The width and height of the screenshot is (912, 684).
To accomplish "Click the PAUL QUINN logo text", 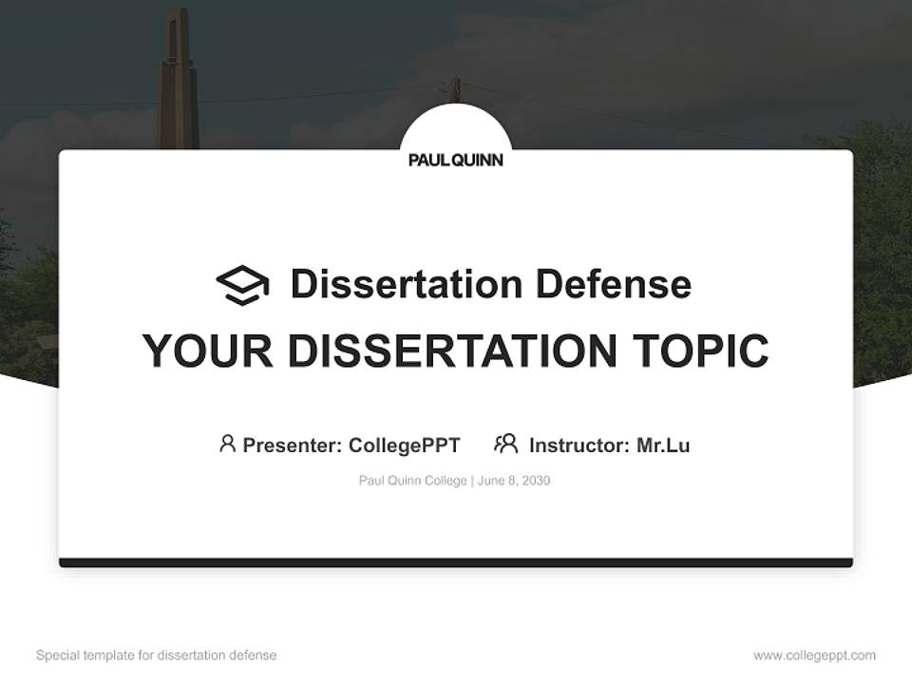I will [456, 161].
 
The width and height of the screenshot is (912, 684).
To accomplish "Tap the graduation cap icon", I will [242, 285].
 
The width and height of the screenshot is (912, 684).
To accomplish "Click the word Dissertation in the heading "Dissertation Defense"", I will [407, 284].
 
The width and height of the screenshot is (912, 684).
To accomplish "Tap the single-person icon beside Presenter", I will [227, 444].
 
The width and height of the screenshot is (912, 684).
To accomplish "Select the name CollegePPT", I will [404, 446].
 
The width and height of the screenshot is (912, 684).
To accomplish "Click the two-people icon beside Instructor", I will [506, 444].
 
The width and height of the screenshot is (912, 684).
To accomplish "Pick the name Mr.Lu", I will [663, 446].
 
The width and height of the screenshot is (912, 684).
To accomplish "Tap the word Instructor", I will [579, 446].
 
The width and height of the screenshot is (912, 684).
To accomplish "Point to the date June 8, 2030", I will [514, 481].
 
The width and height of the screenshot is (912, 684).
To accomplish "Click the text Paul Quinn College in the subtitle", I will [412, 481].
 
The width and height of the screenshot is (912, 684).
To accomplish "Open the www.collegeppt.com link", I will [814, 655].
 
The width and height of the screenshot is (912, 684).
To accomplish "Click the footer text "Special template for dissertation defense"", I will [157, 655].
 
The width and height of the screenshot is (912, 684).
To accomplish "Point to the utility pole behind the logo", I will [455, 91].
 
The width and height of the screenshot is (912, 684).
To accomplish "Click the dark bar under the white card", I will [456, 562].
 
